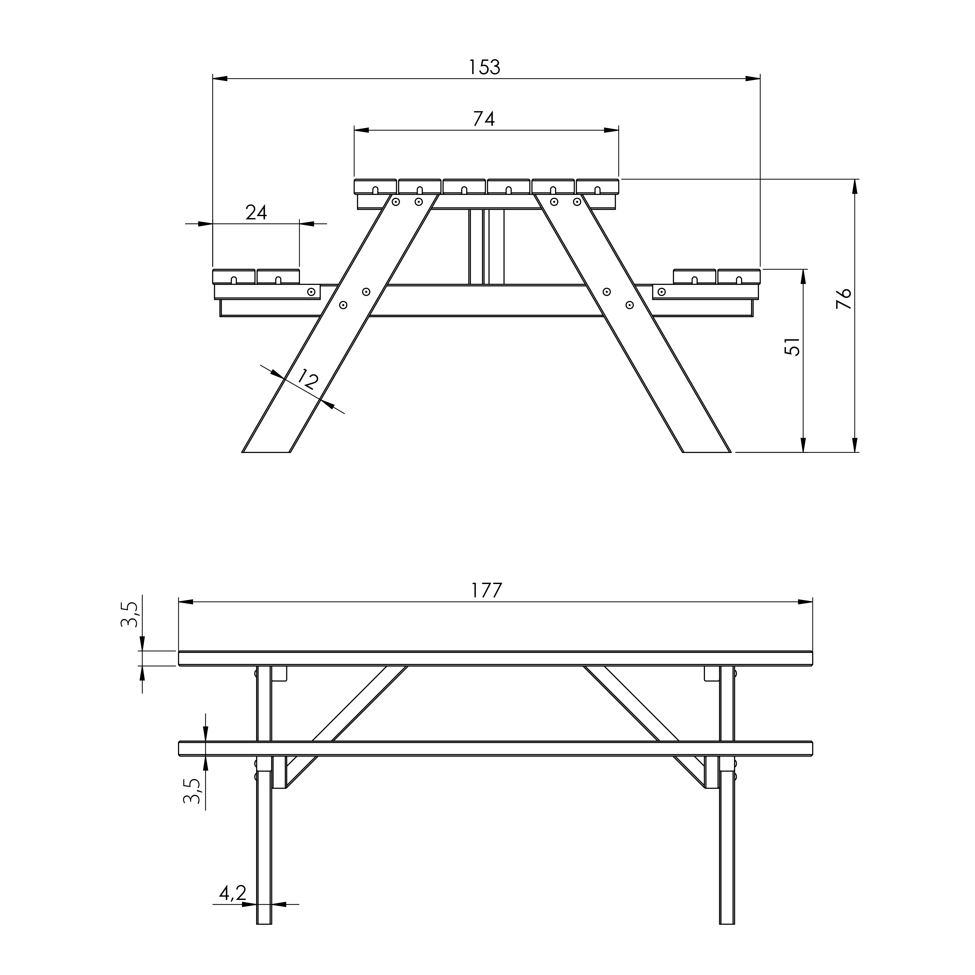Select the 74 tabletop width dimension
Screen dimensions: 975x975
[484, 119]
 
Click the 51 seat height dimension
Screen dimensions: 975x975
[793, 347]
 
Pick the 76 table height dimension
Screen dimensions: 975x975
[843, 298]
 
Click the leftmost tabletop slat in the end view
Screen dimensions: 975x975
[375, 186]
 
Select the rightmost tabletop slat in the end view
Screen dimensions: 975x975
[598, 186]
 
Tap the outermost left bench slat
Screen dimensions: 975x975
[234, 277]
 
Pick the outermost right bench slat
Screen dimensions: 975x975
[739, 277]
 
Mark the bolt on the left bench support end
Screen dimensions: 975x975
[311, 292]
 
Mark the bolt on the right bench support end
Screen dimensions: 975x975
[661, 292]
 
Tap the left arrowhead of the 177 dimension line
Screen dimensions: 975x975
[186, 602]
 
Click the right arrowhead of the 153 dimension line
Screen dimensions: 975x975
[753, 79]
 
